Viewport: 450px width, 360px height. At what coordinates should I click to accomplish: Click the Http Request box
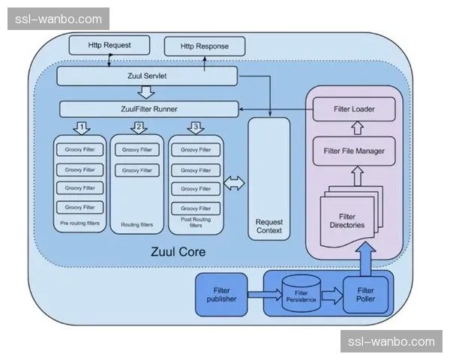109,46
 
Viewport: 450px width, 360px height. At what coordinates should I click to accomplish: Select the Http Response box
204,46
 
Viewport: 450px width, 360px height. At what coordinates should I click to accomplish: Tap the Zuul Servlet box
147,76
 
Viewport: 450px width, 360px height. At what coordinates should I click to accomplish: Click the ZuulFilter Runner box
149,109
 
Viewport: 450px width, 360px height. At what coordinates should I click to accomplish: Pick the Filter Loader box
353,109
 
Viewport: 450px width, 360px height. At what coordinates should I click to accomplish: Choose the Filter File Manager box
353,151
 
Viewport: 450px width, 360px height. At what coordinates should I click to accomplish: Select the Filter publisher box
221,294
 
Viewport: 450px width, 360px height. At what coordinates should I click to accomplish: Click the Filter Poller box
366,295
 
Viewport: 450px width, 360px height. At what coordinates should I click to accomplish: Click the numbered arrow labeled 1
82,127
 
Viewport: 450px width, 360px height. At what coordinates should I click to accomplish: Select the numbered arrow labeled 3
195,127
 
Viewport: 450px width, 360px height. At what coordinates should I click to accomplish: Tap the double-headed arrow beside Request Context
234,182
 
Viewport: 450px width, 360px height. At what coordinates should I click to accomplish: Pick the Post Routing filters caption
195,223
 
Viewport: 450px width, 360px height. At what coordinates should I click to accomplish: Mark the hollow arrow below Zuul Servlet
147,93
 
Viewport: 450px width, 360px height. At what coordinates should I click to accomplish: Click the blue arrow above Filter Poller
367,259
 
